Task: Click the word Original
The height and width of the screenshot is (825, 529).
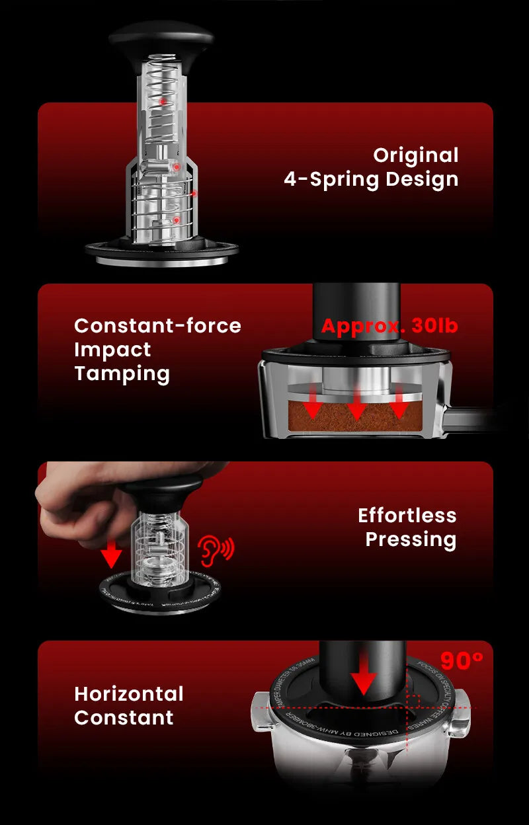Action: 415,155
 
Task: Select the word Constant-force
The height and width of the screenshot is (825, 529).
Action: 157,325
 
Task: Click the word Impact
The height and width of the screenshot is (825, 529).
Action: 112,349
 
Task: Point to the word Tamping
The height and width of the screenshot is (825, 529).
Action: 122,373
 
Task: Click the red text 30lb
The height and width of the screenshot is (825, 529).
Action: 434,326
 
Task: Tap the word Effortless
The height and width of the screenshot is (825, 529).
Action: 407,515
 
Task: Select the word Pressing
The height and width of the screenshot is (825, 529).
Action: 411,539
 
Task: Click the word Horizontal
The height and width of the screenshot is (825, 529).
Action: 129,693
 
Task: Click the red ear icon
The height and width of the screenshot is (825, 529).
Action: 216,549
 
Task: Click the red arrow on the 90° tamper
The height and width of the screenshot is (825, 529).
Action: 363,678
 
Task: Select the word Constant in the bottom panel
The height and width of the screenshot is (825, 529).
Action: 124,717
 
